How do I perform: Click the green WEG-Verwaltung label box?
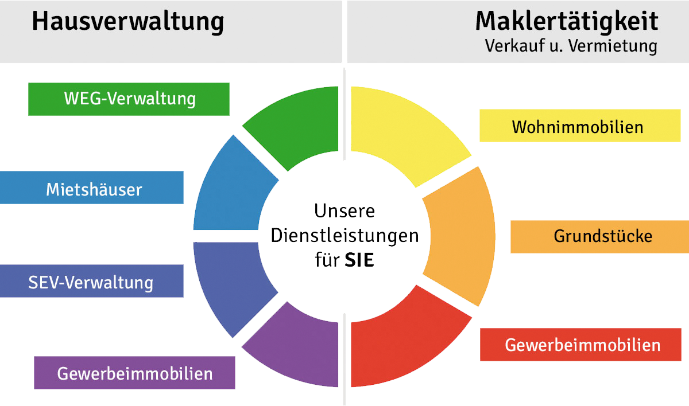(129, 99)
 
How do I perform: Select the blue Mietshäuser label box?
(92, 188)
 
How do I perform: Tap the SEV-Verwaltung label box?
(92, 281)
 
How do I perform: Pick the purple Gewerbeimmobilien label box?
(134, 373)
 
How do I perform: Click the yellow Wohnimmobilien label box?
(580, 126)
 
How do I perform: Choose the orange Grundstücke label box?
(599, 236)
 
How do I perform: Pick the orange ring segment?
(459, 235)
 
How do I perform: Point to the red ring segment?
(402, 344)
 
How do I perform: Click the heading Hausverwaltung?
(127, 22)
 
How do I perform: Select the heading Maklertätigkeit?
(566, 22)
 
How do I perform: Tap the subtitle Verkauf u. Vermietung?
(571, 46)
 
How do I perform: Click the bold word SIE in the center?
(359, 261)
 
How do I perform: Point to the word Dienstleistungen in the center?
(344, 236)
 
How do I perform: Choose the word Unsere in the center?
(344, 210)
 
